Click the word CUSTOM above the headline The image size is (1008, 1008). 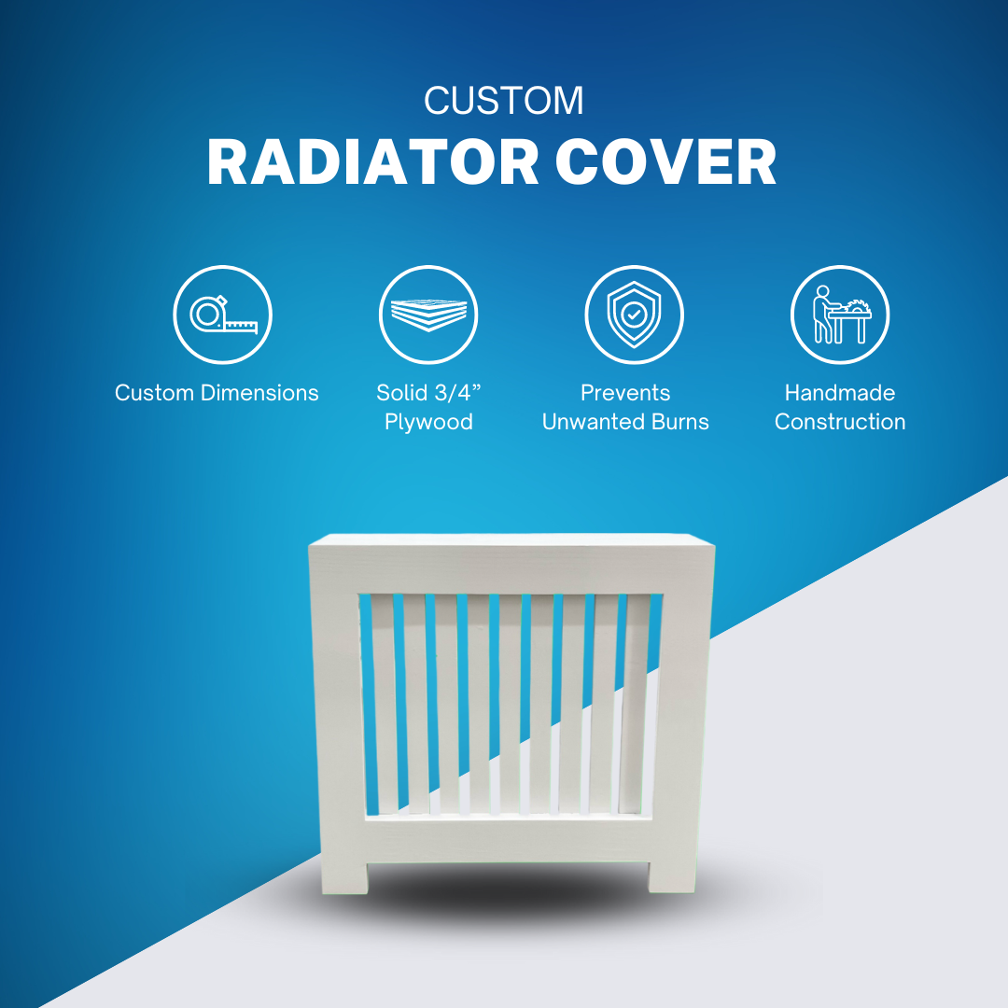[504, 101]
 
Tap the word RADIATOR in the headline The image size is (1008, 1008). [372, 162]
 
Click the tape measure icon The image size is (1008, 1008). [222, 315]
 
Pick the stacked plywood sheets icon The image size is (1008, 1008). [428, 315]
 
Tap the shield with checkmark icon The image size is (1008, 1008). [634, 315]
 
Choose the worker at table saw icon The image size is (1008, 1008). [840, 315]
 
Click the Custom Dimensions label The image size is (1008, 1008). [217, 393]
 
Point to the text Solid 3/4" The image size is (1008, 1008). [428, 392]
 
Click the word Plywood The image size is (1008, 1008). [428, 422]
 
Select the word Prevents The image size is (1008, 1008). [625, 393]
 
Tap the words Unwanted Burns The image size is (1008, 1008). [625, 422]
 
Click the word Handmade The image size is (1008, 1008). [840, 393]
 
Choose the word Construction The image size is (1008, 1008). [840, 422]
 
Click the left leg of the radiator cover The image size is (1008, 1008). [344, 876]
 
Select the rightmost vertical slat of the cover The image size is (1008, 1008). [634, 705]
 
